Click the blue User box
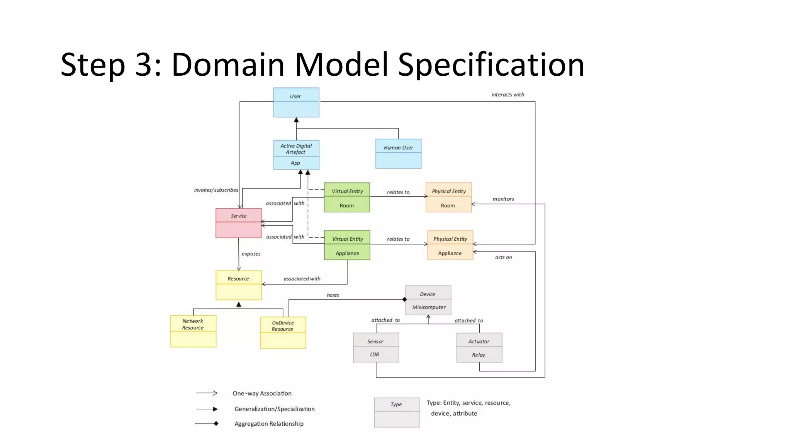click(x=296, y=102)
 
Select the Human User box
click(x=398, y=154)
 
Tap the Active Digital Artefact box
click(x=296, y=155)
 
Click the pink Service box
click(x=238, y=223)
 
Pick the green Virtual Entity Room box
click(x=347, y=197)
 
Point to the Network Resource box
click(x=193, y=331)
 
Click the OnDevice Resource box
click(x=283, y=333)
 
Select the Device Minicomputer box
click(x=428, y=301)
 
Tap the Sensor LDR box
click(x=376, y=348)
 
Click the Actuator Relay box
click(x=479, y=348)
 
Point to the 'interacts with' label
click(x=508, y=95)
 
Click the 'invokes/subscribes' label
click(x=216, y=190)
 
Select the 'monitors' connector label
click(x=503, y=199)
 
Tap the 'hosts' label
click(x=333, y=295)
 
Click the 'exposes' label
click(x=251, y=254)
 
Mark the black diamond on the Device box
click(x=404, y=299)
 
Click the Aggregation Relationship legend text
click(x=269, y=424)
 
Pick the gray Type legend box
click(x=397, y=413)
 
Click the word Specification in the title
click(x=491, y=65)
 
